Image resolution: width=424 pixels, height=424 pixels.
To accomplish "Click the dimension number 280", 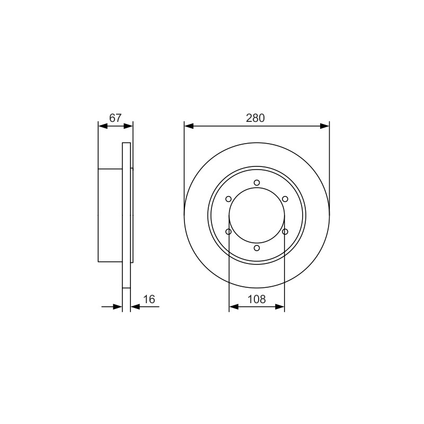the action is tap(255, 118).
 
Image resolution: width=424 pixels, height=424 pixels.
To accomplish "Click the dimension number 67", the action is tap(116, 118).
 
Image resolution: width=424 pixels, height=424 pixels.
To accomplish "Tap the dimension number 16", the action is tap(149, 299).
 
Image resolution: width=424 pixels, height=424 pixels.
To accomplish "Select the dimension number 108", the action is tap(257, 299).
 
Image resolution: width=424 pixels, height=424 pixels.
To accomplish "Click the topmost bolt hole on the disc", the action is tap(257, 183).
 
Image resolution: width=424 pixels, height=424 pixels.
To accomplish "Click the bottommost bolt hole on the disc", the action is tap(257, 248).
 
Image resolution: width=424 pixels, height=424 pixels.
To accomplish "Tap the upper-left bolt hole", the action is tap(228, 199).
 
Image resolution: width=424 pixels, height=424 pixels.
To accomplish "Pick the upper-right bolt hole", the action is tap(285, 199).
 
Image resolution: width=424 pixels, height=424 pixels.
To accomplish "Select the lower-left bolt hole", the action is tap(228, 232).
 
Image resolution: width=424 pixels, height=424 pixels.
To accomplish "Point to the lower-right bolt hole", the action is tap(285, 232).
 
